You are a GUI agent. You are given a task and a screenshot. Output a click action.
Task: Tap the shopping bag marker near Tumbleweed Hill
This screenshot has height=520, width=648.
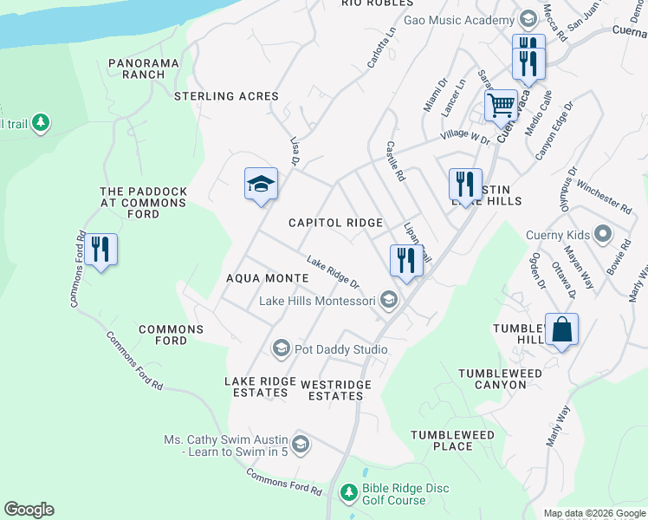[x=561, y=330]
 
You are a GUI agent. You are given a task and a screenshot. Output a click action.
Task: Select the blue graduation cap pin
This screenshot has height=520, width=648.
[x=261, y=185]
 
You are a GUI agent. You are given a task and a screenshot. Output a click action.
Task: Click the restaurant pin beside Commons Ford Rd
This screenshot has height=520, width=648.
[x=100, y=250]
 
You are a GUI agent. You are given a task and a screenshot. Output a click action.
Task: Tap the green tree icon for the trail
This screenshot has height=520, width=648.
[x=40, y=124]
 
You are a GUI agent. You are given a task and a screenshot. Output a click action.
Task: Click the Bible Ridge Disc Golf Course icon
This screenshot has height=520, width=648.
[x=348, y=492]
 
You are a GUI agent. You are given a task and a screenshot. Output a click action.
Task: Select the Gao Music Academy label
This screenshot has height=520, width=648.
[x=459, y=20]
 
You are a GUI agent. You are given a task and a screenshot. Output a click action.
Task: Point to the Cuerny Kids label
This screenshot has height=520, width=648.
[x=558, y=235]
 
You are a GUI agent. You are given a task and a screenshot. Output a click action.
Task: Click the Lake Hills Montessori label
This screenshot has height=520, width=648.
[x=317, y=301]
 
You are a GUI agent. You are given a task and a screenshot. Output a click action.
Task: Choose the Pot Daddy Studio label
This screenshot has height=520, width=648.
[x=340, y=349]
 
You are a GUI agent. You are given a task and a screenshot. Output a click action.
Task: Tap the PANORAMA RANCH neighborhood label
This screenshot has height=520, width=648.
[x=144, y=68]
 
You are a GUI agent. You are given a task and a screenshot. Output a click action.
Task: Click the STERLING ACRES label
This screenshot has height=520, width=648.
[x=226, y=96]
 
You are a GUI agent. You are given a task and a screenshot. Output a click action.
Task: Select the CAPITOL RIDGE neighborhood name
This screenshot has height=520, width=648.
[x=335, y=223]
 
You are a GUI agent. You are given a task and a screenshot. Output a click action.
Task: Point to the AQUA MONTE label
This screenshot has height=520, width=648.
[x=267, y=277]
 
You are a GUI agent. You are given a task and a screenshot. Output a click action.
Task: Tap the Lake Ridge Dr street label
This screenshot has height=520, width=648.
[x=333, y=272]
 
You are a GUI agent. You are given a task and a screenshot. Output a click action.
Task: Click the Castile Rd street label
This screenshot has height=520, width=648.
[x=395, y=161]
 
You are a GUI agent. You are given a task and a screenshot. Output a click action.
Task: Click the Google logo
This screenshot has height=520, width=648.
[x=29, y=510]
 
